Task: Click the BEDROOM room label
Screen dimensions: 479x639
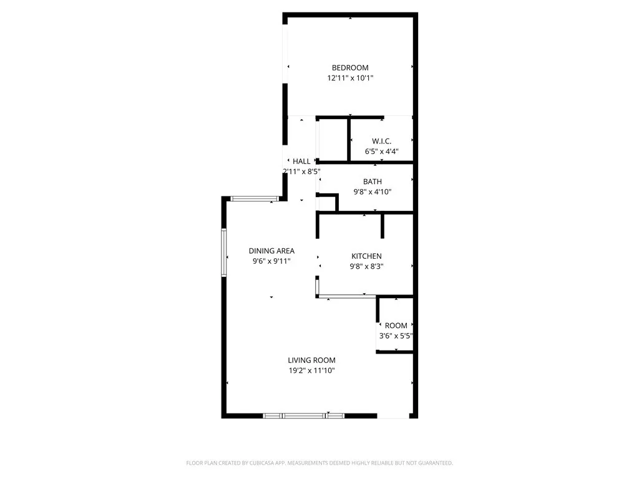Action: pos(349,67)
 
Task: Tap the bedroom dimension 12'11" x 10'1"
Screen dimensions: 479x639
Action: pos(350,79)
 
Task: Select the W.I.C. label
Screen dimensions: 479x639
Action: pos(381,140)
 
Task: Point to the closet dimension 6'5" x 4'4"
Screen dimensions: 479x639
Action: pos(381,151)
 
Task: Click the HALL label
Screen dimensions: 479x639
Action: pos(301,162)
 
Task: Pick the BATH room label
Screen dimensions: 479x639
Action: pos(373,181)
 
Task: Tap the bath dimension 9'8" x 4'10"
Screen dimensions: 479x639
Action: pos(373,192)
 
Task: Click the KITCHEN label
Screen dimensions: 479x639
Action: pos(366,256)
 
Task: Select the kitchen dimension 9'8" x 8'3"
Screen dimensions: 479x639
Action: pos(367,266)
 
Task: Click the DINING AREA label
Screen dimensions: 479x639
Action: pos(271,251)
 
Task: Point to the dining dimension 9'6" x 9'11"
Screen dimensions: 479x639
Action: pos(271,261)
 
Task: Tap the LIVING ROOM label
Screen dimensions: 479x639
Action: pos(311,360)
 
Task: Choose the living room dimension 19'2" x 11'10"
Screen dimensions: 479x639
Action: pos(312,370)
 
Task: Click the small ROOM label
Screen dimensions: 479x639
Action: pos(396,326)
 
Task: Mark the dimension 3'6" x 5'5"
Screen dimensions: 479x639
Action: pos(396,336)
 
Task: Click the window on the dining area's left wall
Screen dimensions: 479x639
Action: pos(223,252)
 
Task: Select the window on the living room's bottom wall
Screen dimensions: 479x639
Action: pos(303,415)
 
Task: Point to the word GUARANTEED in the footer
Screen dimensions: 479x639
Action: pos(431,463)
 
